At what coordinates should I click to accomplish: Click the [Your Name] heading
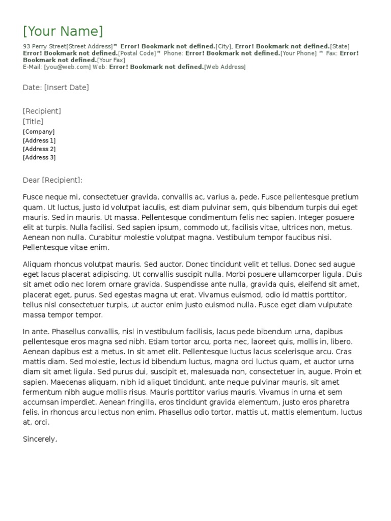click(63, 31)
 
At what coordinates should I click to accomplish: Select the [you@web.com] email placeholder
click(68, 67)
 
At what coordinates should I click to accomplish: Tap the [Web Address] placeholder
click(225, 67)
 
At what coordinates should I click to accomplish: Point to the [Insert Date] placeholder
click(66, 88)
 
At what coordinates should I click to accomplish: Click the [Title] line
click(33, 122)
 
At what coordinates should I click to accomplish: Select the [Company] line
click(39, 132)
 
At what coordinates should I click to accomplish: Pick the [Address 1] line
click(39, 140)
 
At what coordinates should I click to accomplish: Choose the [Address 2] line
click(39, 149)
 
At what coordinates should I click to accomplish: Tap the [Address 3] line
click(39, 158)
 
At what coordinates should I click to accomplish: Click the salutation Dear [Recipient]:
click(52, 180)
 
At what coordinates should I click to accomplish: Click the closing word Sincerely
click(40, 439)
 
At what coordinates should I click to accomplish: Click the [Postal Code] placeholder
click(137, 53)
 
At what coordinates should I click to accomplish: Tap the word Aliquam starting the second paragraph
click(38, 265)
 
